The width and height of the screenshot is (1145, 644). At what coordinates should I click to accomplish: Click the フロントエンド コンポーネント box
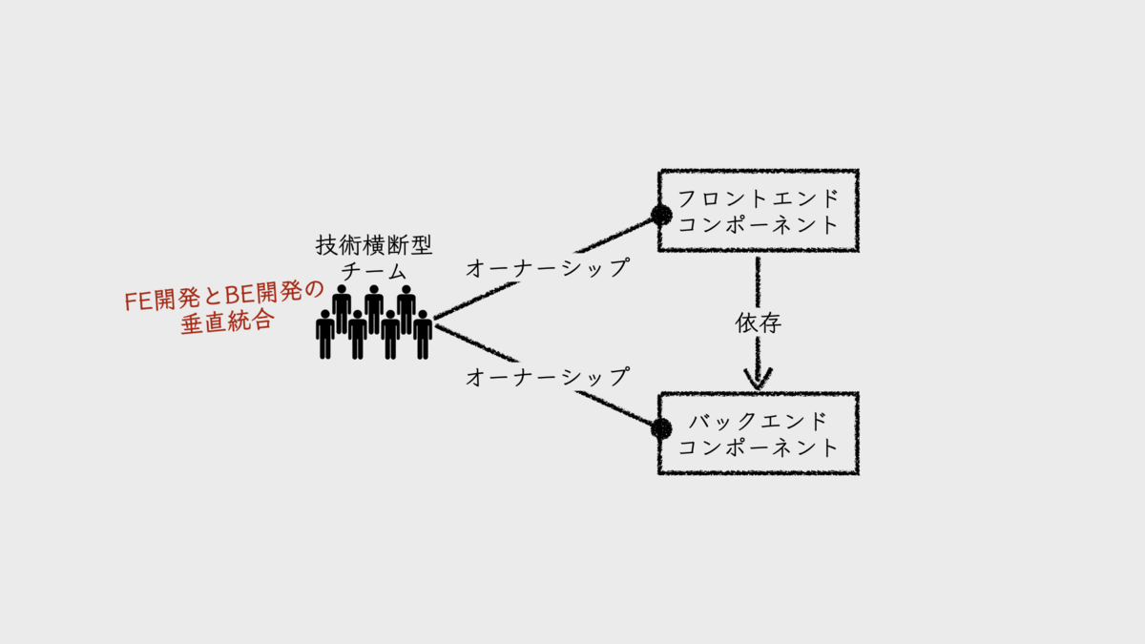click(x=759, y=211)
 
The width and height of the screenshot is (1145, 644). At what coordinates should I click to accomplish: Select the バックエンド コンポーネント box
click(x=759, y=433)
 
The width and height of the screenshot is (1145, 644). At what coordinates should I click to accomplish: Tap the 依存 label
click(x=759, y=323)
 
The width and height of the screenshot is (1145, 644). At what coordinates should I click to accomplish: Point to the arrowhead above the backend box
click(x=758, y=379)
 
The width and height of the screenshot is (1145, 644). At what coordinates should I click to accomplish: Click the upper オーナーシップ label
click(x=548, y=269)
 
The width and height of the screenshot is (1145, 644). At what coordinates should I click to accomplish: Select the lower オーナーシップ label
click(x=548, y=377)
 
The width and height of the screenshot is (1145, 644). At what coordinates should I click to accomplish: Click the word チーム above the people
click(x=374, y=271)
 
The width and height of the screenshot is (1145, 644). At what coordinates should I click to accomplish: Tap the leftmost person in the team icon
click(x=325, y=334)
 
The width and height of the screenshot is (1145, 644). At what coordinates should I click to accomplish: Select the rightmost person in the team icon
click(x=423, y=334)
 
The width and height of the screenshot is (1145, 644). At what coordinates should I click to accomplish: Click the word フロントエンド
click(x=759, y=198)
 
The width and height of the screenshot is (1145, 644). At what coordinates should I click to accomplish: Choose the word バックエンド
click(x=759, y=421)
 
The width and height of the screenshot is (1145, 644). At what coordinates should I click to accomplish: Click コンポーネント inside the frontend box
click(x=759, y=225)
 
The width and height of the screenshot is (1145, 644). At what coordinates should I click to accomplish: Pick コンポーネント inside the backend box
click(x=759, y=447)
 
